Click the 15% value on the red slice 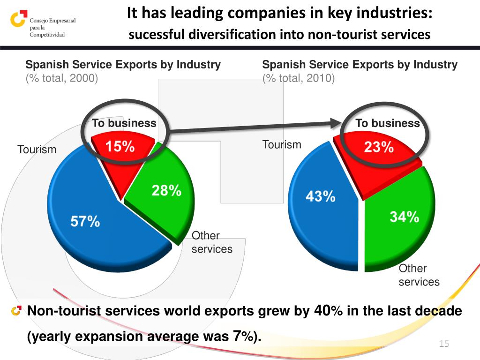point(120,147)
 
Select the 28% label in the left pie point(166,190)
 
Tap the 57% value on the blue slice point(85,221)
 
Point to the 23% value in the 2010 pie point(379,147)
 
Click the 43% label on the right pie point(321,196)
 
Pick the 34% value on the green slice point(404,217)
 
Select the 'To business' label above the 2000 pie point(124,123)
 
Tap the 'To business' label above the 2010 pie point(387,123)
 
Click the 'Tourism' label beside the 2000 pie point(37,150)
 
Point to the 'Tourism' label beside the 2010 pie point(282,144)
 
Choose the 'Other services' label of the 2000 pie point(212,242)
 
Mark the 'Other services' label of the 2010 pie point(419,275)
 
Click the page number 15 point(444,344)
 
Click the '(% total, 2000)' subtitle point(62,78)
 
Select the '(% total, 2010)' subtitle point(299,78)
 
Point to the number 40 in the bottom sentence point(322,310)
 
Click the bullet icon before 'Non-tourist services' point(17,310)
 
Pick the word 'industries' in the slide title point(396,14)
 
